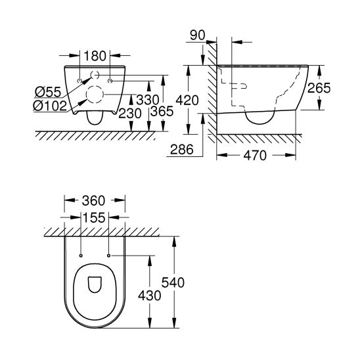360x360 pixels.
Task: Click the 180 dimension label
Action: [x=95, y=56]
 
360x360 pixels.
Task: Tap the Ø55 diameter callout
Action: [x=48, y=92]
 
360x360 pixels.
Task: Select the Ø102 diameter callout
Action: [x=50, y=106]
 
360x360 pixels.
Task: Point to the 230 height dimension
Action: [x=130, y=114]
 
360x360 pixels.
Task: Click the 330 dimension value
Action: [x=148, y=100]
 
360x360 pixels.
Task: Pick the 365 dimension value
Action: [x=162, y=111]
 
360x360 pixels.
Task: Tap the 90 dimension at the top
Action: [x=198, y=35]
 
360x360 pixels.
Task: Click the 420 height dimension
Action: [x=187, y=101]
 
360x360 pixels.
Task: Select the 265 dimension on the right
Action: [x=319, y=88]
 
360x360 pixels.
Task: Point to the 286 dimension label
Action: [x=182, y=150]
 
